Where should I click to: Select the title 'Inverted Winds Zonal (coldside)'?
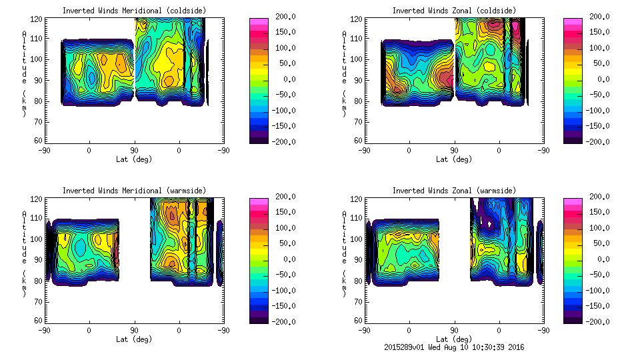click(453, 11)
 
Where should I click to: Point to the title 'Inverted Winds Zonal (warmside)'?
click(453, 191)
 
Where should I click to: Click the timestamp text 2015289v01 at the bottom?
click(406, 347)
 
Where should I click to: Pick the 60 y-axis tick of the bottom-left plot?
click(39, 321)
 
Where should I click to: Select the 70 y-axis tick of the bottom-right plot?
click(359, 301)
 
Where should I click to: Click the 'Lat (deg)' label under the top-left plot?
click(134, 159)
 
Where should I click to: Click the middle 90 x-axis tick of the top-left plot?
click(134, 150)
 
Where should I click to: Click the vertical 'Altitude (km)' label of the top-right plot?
click(344, 73)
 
